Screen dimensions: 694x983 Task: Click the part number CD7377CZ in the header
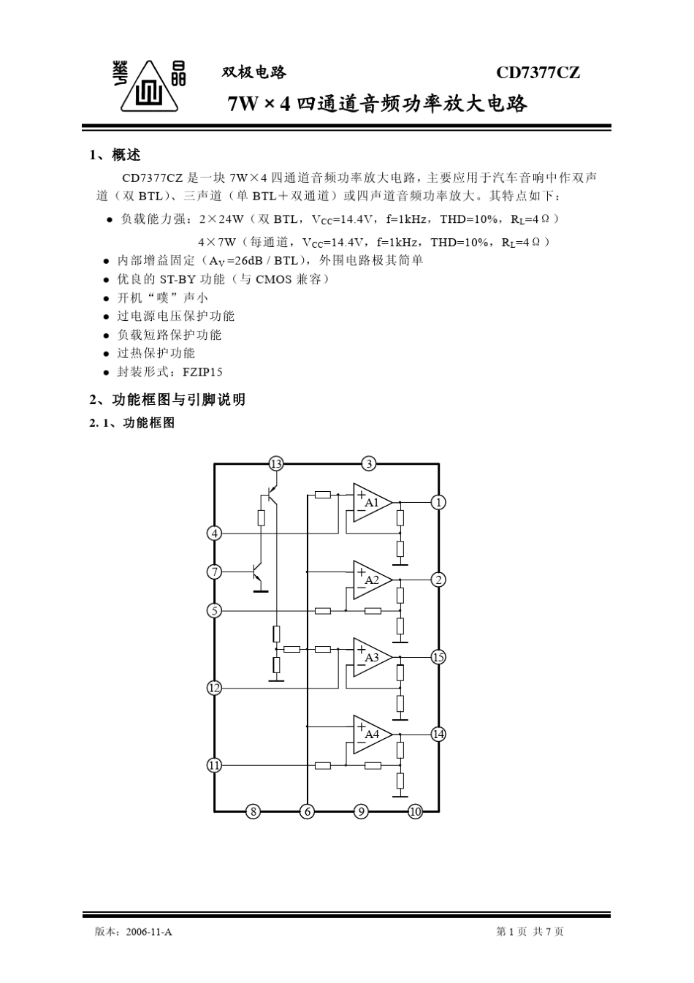tap(538, 73)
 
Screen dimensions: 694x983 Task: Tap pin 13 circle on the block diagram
tap(275, 463)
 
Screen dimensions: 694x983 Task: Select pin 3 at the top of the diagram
tap(369, 463)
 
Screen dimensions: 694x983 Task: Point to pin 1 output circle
tap(438, 502)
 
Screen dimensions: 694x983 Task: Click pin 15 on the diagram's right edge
tap(438, 657)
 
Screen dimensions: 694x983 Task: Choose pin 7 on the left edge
tap(214, 572)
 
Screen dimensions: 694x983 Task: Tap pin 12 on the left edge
tap(214, 688)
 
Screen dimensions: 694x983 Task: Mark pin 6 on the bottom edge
tap(308, 811)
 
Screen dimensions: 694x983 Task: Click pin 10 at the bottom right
tap(415, 811)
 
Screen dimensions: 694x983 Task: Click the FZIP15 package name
tap(202, 372)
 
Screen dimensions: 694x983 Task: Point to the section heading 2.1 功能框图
tap(132, 423)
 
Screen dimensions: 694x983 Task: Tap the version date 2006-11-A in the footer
tap(149, 932)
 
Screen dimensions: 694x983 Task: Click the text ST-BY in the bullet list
tap(178, 279)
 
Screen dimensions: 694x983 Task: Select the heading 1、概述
tap(115, 155)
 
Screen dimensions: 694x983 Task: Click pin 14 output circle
tap(438, 734)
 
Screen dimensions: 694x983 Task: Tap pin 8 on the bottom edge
tap(253, 811)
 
